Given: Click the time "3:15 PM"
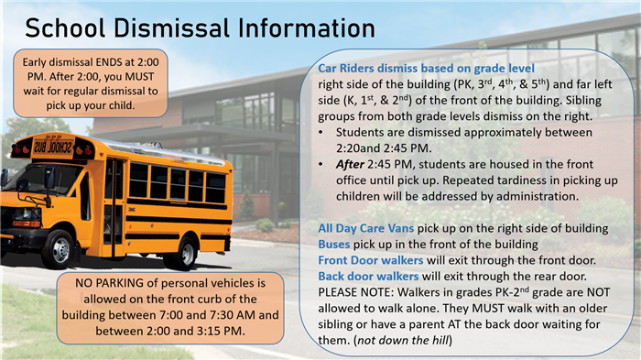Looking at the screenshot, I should click(x=219, y=330).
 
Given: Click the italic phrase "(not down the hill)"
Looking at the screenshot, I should click(x=407, y=341).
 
